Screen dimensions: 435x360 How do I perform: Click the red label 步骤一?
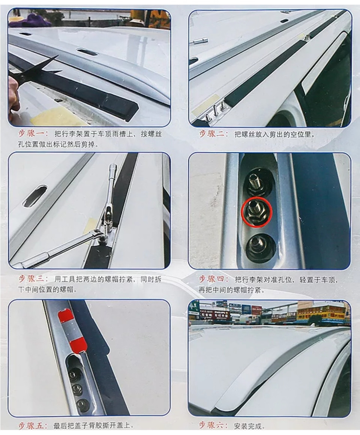pyautogui.click(x=33, y=134)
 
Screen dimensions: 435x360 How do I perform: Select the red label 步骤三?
pyautogui.click(x=33, y=279)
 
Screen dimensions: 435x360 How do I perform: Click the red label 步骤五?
pyautogui.click(x=33, y=426)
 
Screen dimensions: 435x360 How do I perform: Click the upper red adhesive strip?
pyautogui.click(x=66, y=315)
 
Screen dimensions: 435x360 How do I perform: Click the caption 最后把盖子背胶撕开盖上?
pyautogui.click(x=94, y=426)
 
